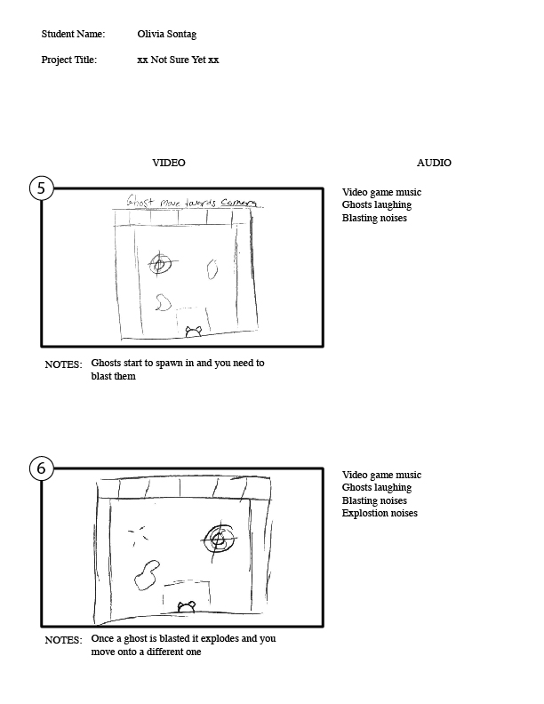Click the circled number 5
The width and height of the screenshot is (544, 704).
[x=41, y=188]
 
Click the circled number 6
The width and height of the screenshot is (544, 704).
[x=41, y=468]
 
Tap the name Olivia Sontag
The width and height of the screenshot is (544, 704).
[x=166, y=34]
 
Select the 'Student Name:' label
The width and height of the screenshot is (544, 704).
[x=73, y=34]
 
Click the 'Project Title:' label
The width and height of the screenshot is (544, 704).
[x=69, y=60]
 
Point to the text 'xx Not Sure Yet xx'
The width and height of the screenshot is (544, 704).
[x=178, y=60]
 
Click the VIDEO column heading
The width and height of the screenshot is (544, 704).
[x=169, y=163]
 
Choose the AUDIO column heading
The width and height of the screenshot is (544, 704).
[x=434, y=163]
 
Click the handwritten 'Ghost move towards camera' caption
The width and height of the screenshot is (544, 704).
[x=192, y=201]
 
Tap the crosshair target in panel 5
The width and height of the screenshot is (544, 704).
[x=159, y=264]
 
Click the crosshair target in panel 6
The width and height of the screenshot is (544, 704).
[x=219, y=540]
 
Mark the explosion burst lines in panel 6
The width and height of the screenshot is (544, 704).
[x=138, y=535]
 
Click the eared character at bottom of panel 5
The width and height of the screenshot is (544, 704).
[x=194, y=332]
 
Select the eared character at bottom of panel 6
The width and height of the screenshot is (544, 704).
[x=187, y=607]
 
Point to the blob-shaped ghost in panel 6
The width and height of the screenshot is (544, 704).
[x=147, y=575]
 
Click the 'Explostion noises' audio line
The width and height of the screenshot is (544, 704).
[x=380, y=513]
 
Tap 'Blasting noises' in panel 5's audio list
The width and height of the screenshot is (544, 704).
[x=374, y=218]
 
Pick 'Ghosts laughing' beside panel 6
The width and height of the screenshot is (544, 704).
[x=377, y=488]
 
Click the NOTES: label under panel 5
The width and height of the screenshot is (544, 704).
[x=64, y=364]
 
